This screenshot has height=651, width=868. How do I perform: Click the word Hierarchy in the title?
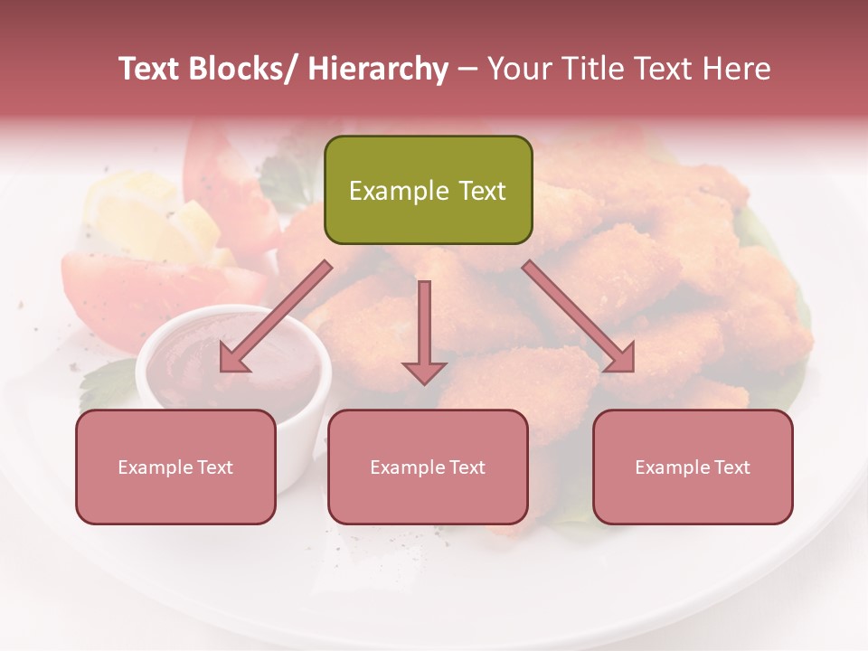pyautogui.click(x=378, y=70)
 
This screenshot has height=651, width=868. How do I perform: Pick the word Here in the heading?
pyautogui.click(x=738, y=70)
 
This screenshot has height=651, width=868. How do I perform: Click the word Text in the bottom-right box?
pyautogui.click(x=731, y=467)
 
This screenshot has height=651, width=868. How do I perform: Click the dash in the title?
pyautogui.click(x=467, y=70)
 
